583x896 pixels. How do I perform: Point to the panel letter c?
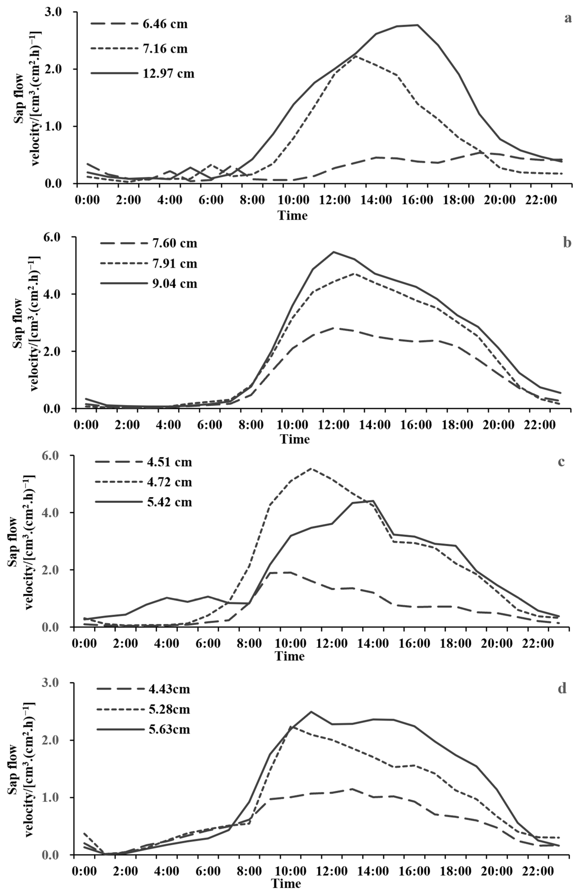561,462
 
